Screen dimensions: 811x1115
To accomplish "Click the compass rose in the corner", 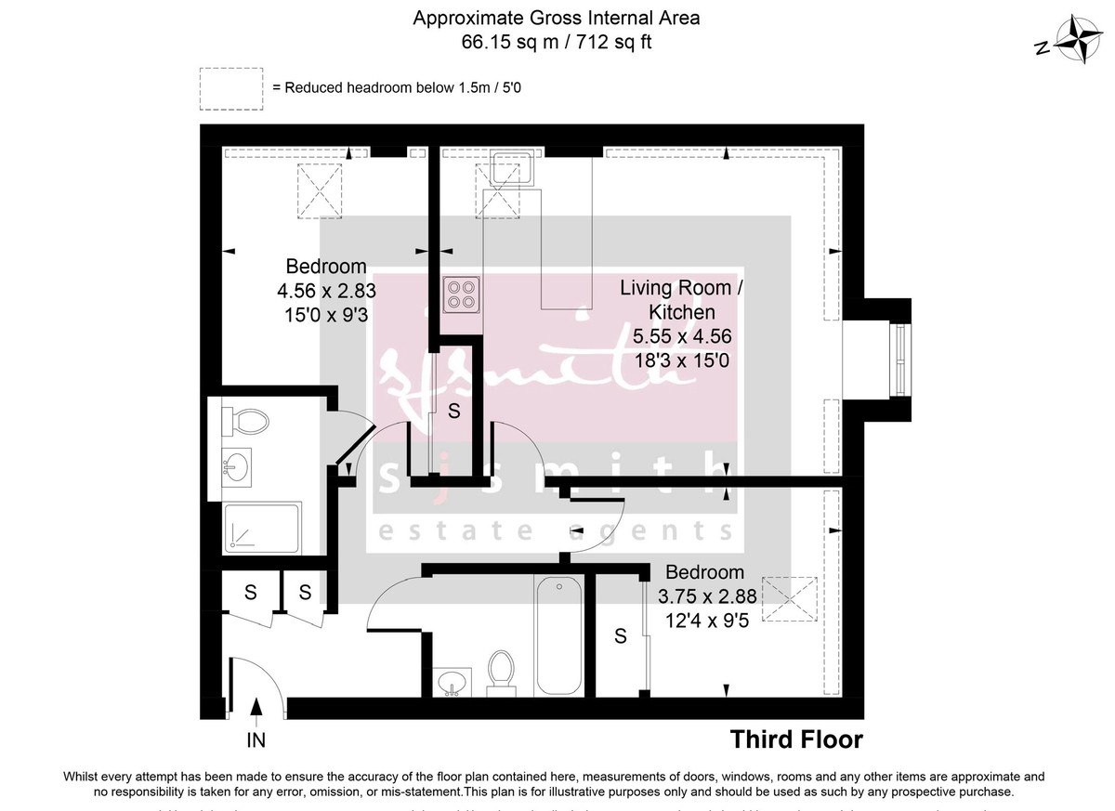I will coord(1076,42).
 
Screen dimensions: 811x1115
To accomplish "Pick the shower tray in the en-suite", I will coord(263,529).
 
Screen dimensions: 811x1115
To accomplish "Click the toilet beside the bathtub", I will coord(502,670).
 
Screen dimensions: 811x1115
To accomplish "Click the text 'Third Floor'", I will coord(796,739).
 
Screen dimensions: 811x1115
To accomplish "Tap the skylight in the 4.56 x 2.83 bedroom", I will coord(321,191).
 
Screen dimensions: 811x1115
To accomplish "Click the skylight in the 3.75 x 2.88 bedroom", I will coord(788,598).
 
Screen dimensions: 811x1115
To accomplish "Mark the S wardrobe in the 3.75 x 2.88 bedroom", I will coord(620,636).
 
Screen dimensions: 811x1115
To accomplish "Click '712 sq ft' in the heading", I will coord(622,42).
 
